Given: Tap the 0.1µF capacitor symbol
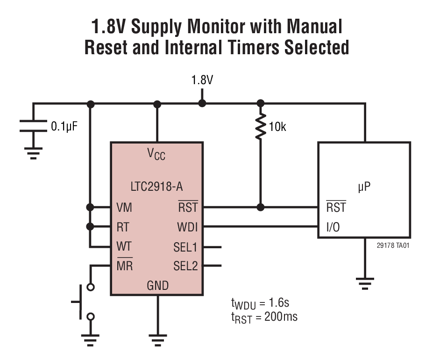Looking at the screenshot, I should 33,126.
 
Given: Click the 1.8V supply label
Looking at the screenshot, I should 202,80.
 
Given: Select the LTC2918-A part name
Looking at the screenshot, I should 156,187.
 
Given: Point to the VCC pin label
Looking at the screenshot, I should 156,154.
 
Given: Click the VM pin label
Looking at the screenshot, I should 124,207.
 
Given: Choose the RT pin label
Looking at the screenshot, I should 123,227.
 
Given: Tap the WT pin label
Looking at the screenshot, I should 124,246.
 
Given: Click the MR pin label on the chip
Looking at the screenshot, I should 124,266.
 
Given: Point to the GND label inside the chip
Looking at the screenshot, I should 157,285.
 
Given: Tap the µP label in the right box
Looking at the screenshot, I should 364,187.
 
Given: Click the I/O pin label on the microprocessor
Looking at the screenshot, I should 333,228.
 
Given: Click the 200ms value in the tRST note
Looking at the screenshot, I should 281,317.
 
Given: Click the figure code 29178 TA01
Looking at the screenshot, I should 393,245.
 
